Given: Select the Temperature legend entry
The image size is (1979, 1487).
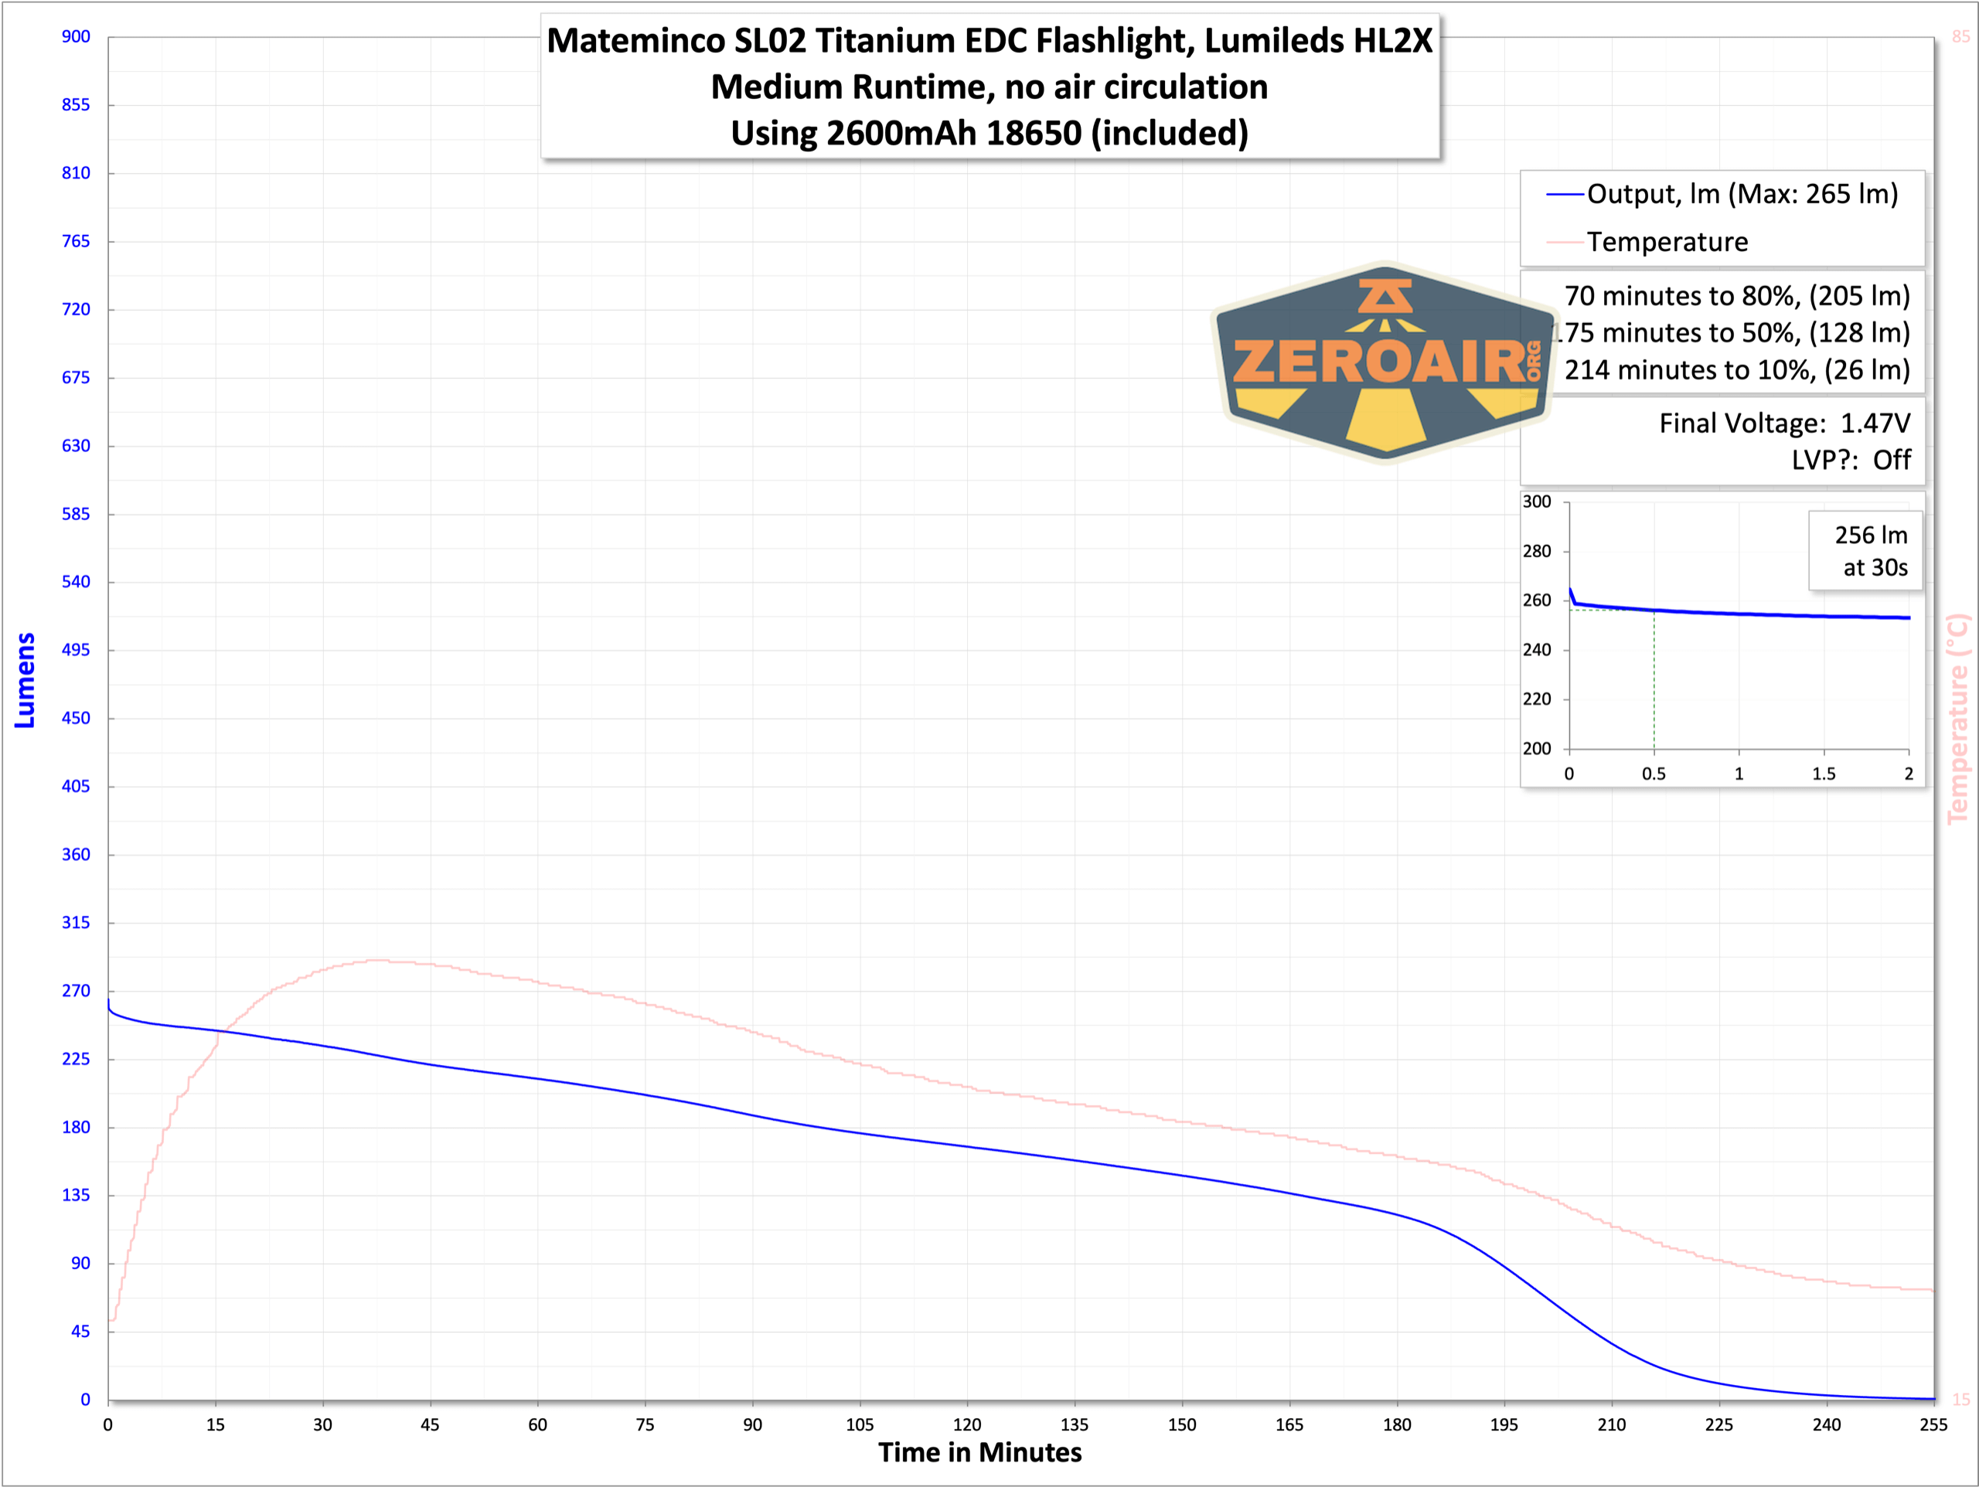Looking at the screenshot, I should pos(1666,242).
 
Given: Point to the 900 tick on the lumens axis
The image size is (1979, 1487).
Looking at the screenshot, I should pos(76,36).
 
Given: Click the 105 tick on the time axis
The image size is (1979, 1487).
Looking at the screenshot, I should pos(860,1425).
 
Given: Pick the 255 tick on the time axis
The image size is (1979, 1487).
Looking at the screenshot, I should pos(1933,1425).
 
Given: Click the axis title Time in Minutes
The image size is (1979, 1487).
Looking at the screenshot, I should pos(979,1453).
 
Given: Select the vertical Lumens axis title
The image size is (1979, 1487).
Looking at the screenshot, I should pos(25,680).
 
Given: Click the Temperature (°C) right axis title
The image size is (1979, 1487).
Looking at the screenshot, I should pos(1957,719).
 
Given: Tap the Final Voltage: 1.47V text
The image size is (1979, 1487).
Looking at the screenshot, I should pos(1784,424).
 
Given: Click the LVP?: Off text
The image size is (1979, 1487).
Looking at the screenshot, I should pos(1850,460).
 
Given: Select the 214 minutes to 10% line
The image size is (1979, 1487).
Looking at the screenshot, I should pos(1736,369).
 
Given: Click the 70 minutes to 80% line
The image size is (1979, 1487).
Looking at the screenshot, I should pos(1736,296).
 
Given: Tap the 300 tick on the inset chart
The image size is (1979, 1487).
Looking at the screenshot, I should pos(1537,502).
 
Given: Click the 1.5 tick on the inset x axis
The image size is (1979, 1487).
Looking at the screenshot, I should pos(1824,774).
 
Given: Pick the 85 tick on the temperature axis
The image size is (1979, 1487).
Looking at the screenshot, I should pos(1960,36).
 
